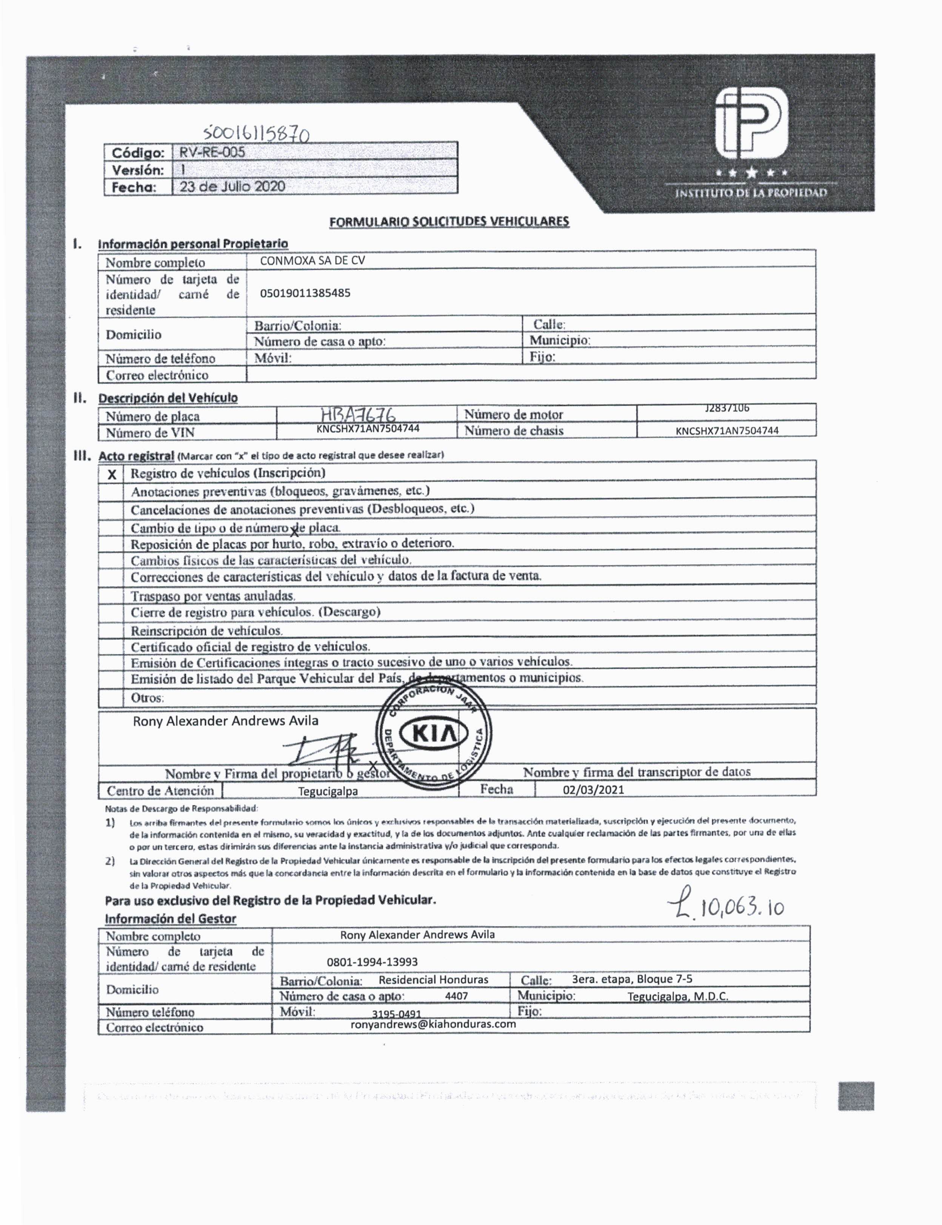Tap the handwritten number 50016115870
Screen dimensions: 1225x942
point(256,133)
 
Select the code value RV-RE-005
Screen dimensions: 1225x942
point(212,152)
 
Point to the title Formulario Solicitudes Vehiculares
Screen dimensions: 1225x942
point(449,222)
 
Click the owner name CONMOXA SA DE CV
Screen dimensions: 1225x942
point(312,260)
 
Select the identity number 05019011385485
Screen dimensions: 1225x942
point(305,292)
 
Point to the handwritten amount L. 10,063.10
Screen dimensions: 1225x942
point(726,906)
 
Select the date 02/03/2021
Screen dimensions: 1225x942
point(593,790)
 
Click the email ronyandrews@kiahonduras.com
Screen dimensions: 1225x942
point(433,1024)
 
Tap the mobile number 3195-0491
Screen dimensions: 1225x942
point(396,1014)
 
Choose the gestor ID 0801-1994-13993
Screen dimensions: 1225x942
point(372,962)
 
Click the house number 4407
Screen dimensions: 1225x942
point(456,996)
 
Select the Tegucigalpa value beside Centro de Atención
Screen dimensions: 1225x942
point(328,791)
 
